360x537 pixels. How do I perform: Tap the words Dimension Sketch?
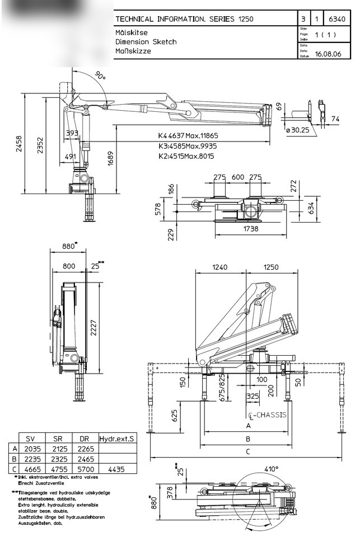pyautogui.click(x=146, y=42)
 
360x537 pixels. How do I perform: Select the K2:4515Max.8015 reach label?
pyautogui.click(x=186, y=156)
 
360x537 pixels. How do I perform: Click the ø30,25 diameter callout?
pyautogui.click(x=297, y=130)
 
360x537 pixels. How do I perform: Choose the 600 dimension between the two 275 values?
pyautogui.click(x=238, y=177)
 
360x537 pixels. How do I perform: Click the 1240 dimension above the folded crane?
pyautogui.click(x=220, y=267)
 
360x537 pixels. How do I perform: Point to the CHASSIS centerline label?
pyautogui.click(x=267, y=415)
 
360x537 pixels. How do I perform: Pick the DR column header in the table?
pyautogui.click(x=85, y=438)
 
